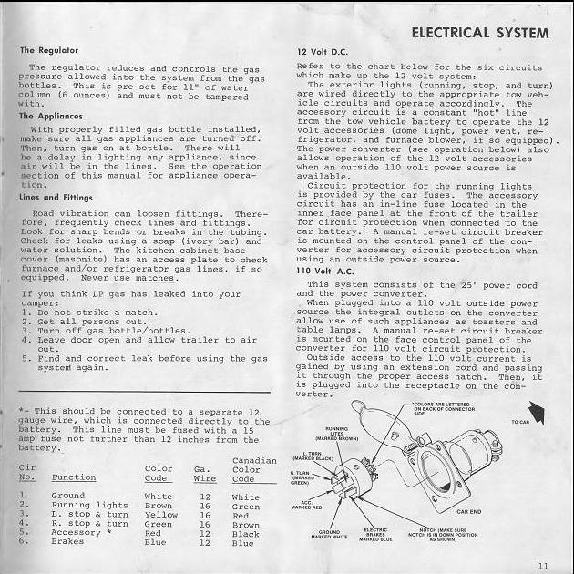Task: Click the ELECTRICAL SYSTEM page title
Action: click(x=480, y=34)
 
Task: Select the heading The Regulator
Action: click(x=49, y=49)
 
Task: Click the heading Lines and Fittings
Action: click(x=55, y=198)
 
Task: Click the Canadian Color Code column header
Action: click(x=253, y=468)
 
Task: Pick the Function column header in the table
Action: click(x=74, y=477)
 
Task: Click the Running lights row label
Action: click(x=89, y=505)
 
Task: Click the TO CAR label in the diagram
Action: click(x=520, y=423)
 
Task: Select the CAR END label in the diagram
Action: click(x=469, y=512)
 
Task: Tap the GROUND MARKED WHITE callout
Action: click(x=330, y=534)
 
